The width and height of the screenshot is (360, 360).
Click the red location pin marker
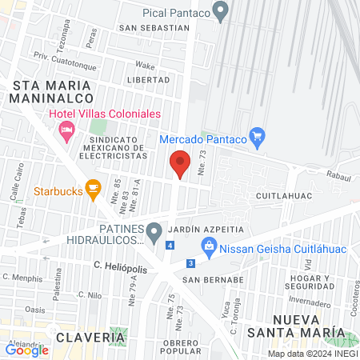[180, 163]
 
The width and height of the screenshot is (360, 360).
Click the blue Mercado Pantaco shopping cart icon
[257, 138]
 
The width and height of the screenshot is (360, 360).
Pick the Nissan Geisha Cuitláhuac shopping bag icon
[208, 248]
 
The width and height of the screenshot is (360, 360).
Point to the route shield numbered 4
[170, 245]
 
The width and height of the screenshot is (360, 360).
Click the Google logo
[27, 350]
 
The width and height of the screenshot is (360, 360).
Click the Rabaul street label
[338, 172]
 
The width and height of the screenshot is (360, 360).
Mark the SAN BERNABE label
[212, 280]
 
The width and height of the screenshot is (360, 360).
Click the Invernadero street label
[308, 303]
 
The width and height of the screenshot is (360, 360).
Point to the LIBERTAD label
[149, 80]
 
